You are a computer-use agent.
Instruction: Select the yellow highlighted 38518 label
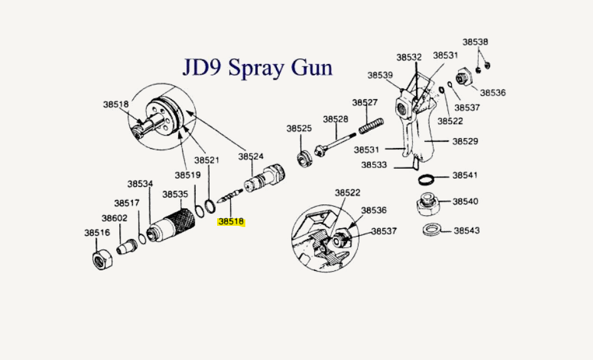pyautogui.click(x=231, y=221)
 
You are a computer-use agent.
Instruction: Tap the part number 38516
pyautogui.click(x=97, y=233)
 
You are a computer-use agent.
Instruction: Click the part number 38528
pyautogui.click(x=336, y=119)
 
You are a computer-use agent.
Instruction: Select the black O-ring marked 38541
pyautogui.click(x=427, y=179)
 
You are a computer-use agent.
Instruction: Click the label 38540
pyautogui.click(x=465, y=201)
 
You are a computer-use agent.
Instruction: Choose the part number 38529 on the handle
pyautogui.click(x=465, y=142)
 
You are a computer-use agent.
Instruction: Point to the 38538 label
pyautogui.click(x=475, y=42)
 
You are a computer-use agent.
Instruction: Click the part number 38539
pyautogui.click(x=380, y=75)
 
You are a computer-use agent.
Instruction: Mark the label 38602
pyautogui.click(x=114, y=218)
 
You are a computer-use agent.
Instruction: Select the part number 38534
pyautogui.click(x=140, y=184)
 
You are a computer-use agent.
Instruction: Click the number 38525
pyautogui.click(x=299, y=128)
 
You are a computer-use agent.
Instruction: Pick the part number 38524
pyautogui.click(x=251, y=156)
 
